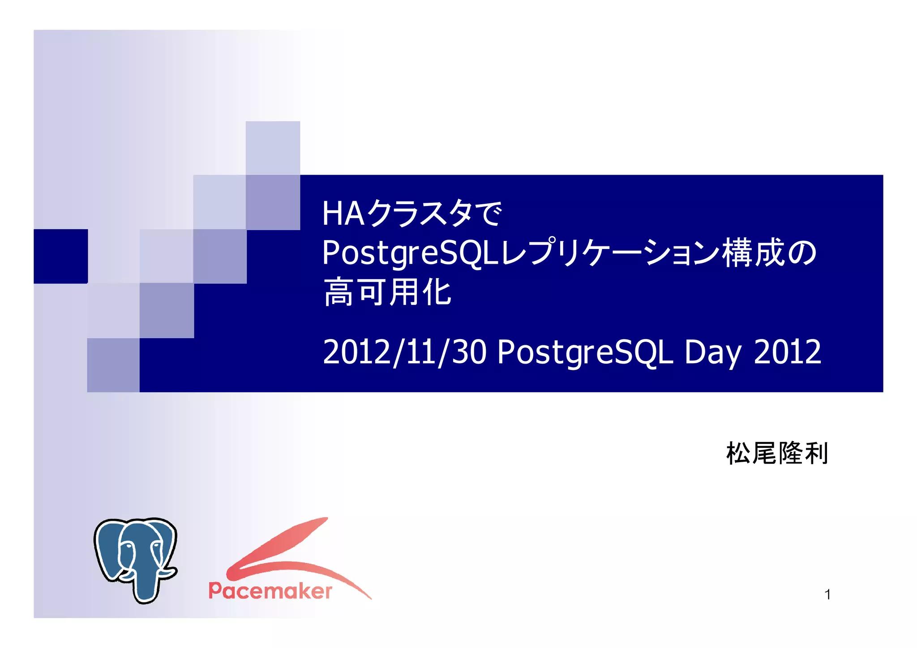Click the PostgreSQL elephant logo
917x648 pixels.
pyautogui.click(x=135, y=560)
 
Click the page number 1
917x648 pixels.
pyautogui.click(x=827, y=594)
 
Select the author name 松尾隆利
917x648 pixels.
pyautogui.click(x=777, y=454)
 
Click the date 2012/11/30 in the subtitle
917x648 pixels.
pyautogui.click(x=404, y=352)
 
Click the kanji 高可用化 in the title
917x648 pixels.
pyautogui.click(x=387, y=292)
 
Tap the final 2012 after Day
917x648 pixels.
pyautogui.click(x=787, y=352)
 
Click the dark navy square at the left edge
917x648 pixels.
pyautogui.click(x=60, y=256)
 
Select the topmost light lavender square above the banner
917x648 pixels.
pyautogui.click(x=273, y=148)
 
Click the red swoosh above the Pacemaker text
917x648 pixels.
pyautogui.click(x=287, y=549)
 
